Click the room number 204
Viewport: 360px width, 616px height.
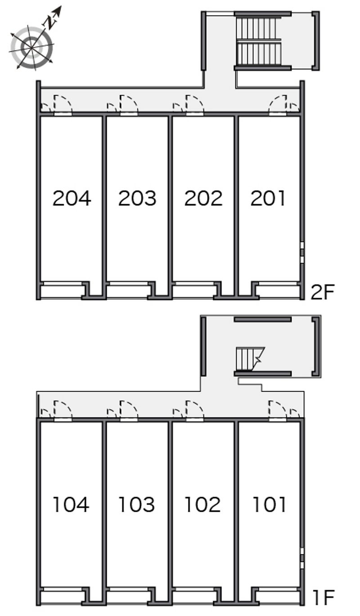(x=72, y=198)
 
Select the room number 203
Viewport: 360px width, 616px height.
(x=137, y=198)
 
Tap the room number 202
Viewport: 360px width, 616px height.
(x=203, y=198)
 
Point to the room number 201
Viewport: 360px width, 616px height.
(x=268, y=198)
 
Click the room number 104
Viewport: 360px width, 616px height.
(x=71, y=504)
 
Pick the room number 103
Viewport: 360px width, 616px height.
(x=137, y=504)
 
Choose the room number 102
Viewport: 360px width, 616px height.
(x=202, y=504)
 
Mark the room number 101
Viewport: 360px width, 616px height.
(x=269, y=504)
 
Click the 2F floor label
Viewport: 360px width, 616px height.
(x=323, y=293)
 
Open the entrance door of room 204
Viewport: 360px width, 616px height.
(x=63, y=105)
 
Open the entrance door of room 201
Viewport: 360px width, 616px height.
(x=278, y=105)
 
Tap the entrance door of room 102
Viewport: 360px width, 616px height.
(x=194, y=411)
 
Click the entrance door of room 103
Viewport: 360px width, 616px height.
(x=129, y=411)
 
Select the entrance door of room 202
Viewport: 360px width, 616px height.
(x=194, y=105)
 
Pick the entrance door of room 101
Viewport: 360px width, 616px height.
(x=278, y=411)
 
